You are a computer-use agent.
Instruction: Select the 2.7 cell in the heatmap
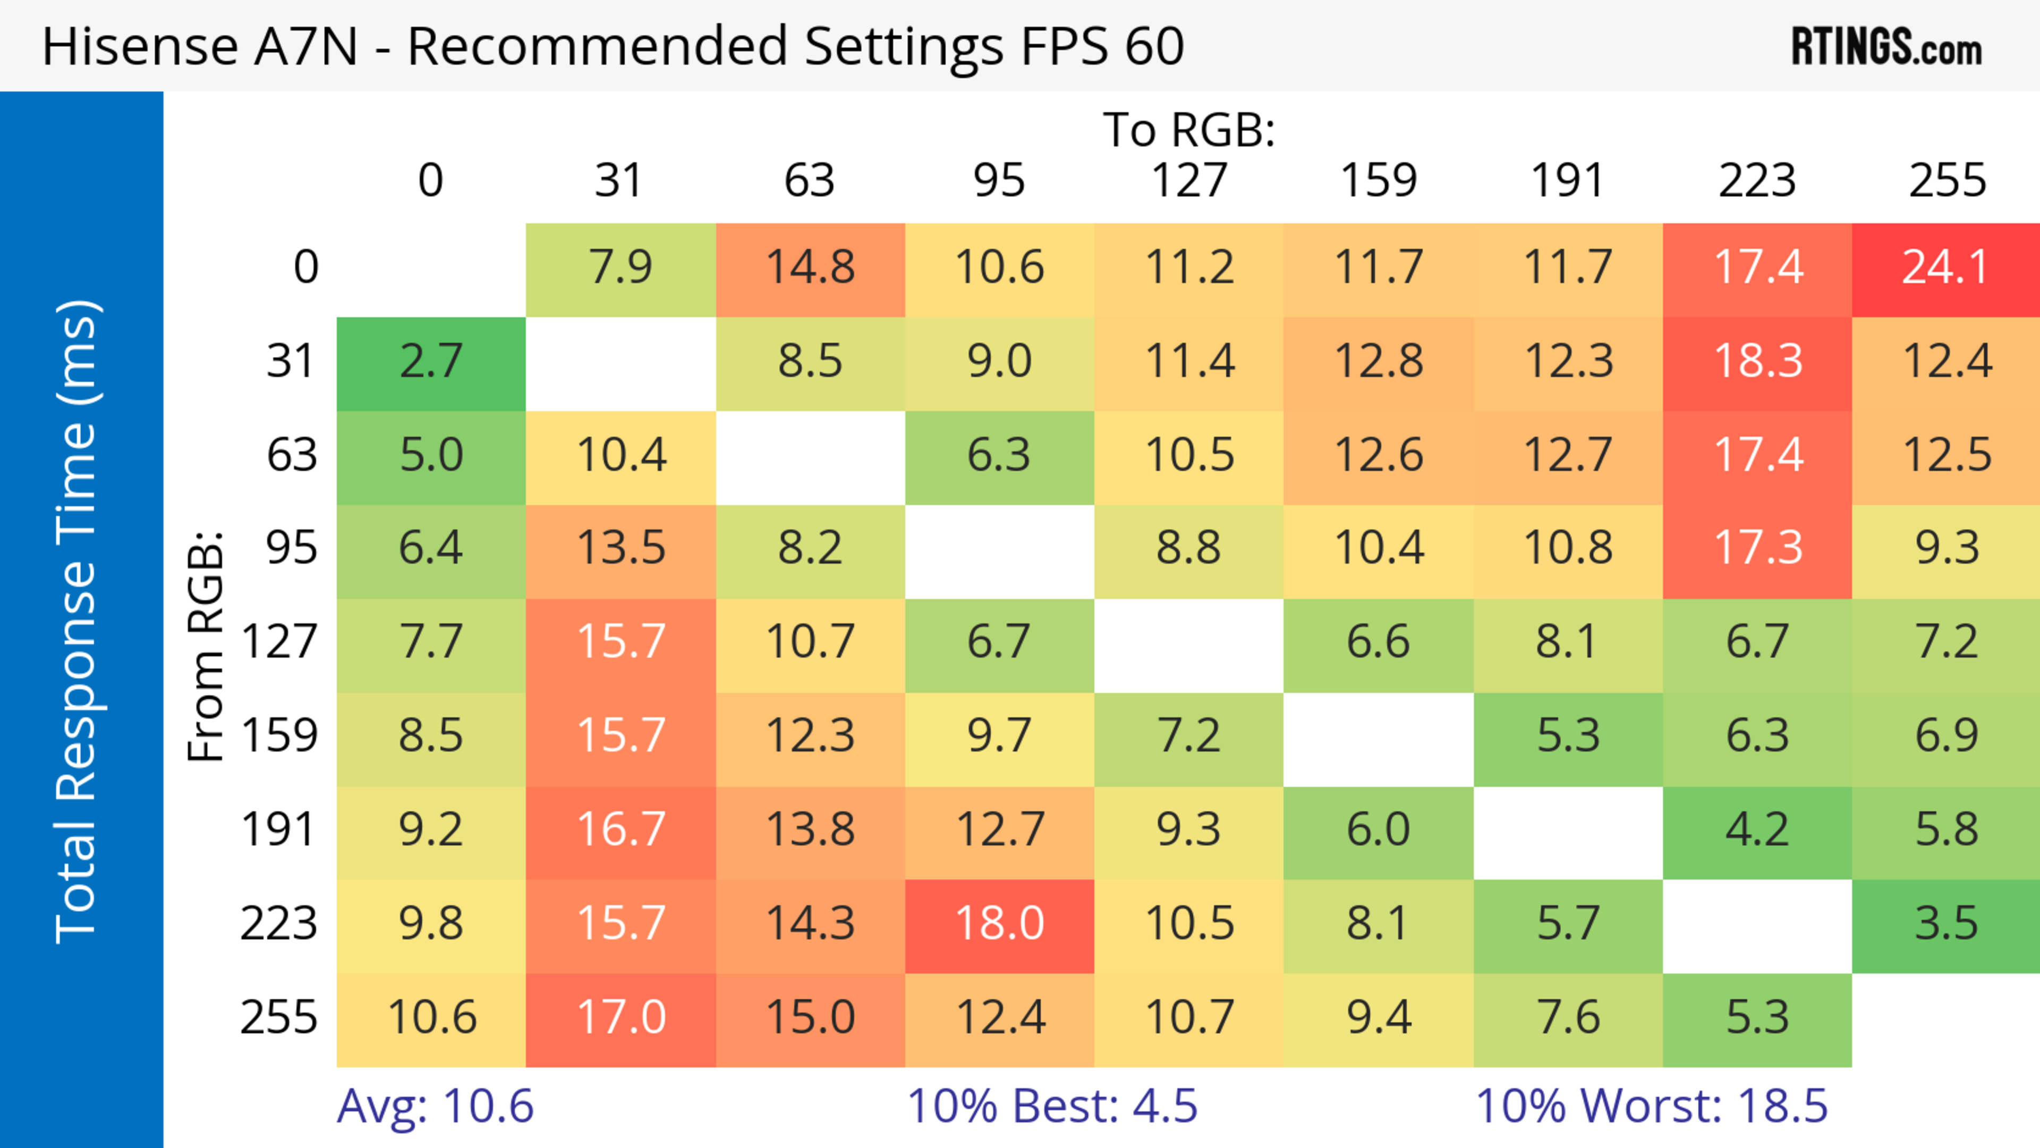[431, 362]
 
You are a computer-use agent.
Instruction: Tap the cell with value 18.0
[999, 924]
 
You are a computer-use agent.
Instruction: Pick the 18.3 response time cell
[1757, 362]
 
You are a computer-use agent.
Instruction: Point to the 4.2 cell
[1757, 830]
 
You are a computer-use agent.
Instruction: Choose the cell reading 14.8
[810, 268]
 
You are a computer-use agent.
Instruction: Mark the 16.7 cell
[621, 830]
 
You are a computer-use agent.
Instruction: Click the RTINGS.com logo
[1886, 47]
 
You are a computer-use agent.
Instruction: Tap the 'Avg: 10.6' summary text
[435, 1106]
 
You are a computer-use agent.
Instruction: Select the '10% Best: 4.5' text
[1052, 1106]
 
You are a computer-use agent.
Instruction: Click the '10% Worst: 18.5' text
[1651, 1106]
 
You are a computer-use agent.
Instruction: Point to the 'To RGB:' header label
[1189, 130]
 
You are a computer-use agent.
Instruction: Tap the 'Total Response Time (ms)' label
[78, 622]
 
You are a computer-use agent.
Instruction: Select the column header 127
[1189, 181]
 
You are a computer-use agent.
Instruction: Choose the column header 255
[1946, 181]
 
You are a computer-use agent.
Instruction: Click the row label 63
[292, 455]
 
